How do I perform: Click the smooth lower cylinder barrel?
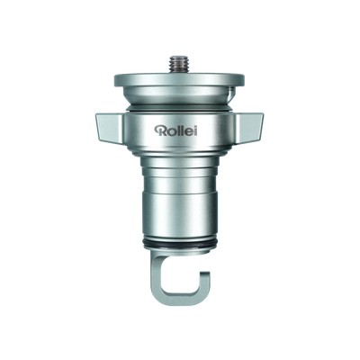click(180, 211)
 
